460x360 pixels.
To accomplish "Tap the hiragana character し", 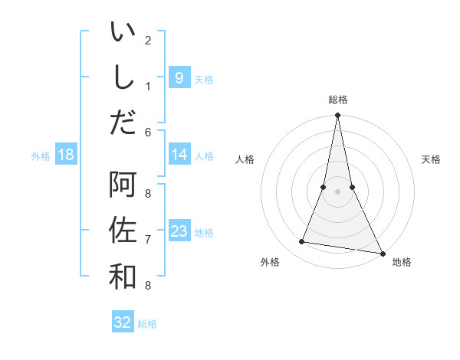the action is [123, 78].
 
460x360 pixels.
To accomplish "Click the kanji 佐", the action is [123, 230].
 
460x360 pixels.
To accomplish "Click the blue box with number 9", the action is [179, 77].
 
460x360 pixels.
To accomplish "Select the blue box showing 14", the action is [179, 155].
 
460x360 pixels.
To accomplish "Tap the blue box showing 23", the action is [179, 231].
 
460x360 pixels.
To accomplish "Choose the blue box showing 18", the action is [66, 155].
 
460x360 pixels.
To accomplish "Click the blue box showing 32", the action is [123, 322].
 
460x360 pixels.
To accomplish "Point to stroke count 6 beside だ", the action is [148, 133].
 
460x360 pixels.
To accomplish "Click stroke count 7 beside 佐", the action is [148, 240].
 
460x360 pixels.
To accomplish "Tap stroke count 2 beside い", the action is [148, 40].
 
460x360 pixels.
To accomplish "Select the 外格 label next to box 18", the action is [41, 156].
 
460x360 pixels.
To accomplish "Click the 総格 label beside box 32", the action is [147, 324].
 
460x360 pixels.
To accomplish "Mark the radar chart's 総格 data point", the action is [337, 116].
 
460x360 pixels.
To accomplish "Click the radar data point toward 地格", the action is [382, 254].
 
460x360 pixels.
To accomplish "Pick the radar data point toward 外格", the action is [302, 242].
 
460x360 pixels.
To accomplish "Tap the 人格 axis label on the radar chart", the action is [245, 160].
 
